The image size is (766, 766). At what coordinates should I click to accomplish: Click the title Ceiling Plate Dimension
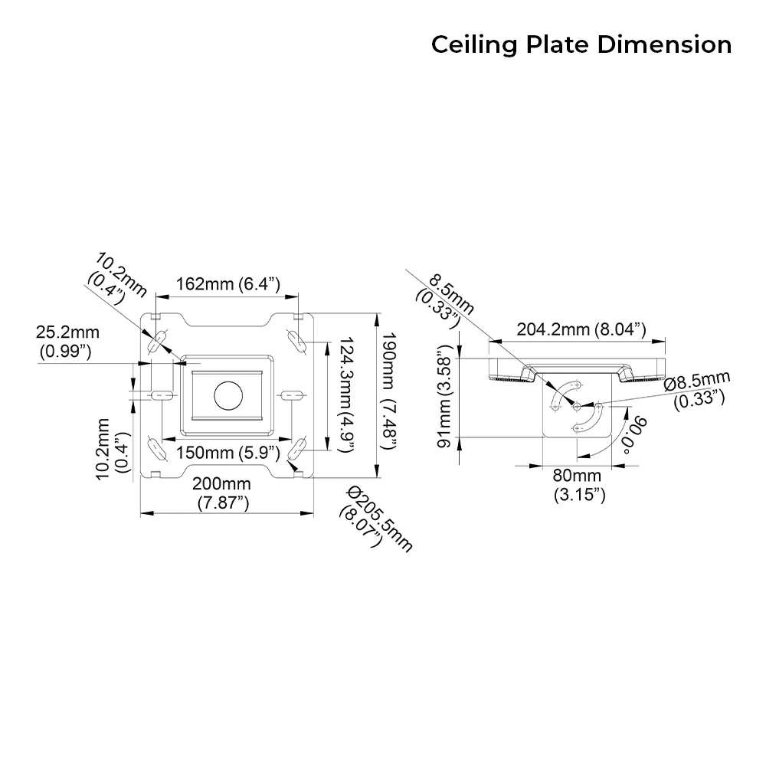click(581, 44)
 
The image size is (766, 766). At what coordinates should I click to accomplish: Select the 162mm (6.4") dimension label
click(228, 284)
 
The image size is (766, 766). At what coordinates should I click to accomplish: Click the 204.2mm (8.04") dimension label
click(581, 329)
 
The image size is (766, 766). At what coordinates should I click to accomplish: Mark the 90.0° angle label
click(634, 434)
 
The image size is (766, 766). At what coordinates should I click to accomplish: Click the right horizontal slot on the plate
click(292, 395)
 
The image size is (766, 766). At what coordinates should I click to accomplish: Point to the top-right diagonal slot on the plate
click(295, 339)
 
